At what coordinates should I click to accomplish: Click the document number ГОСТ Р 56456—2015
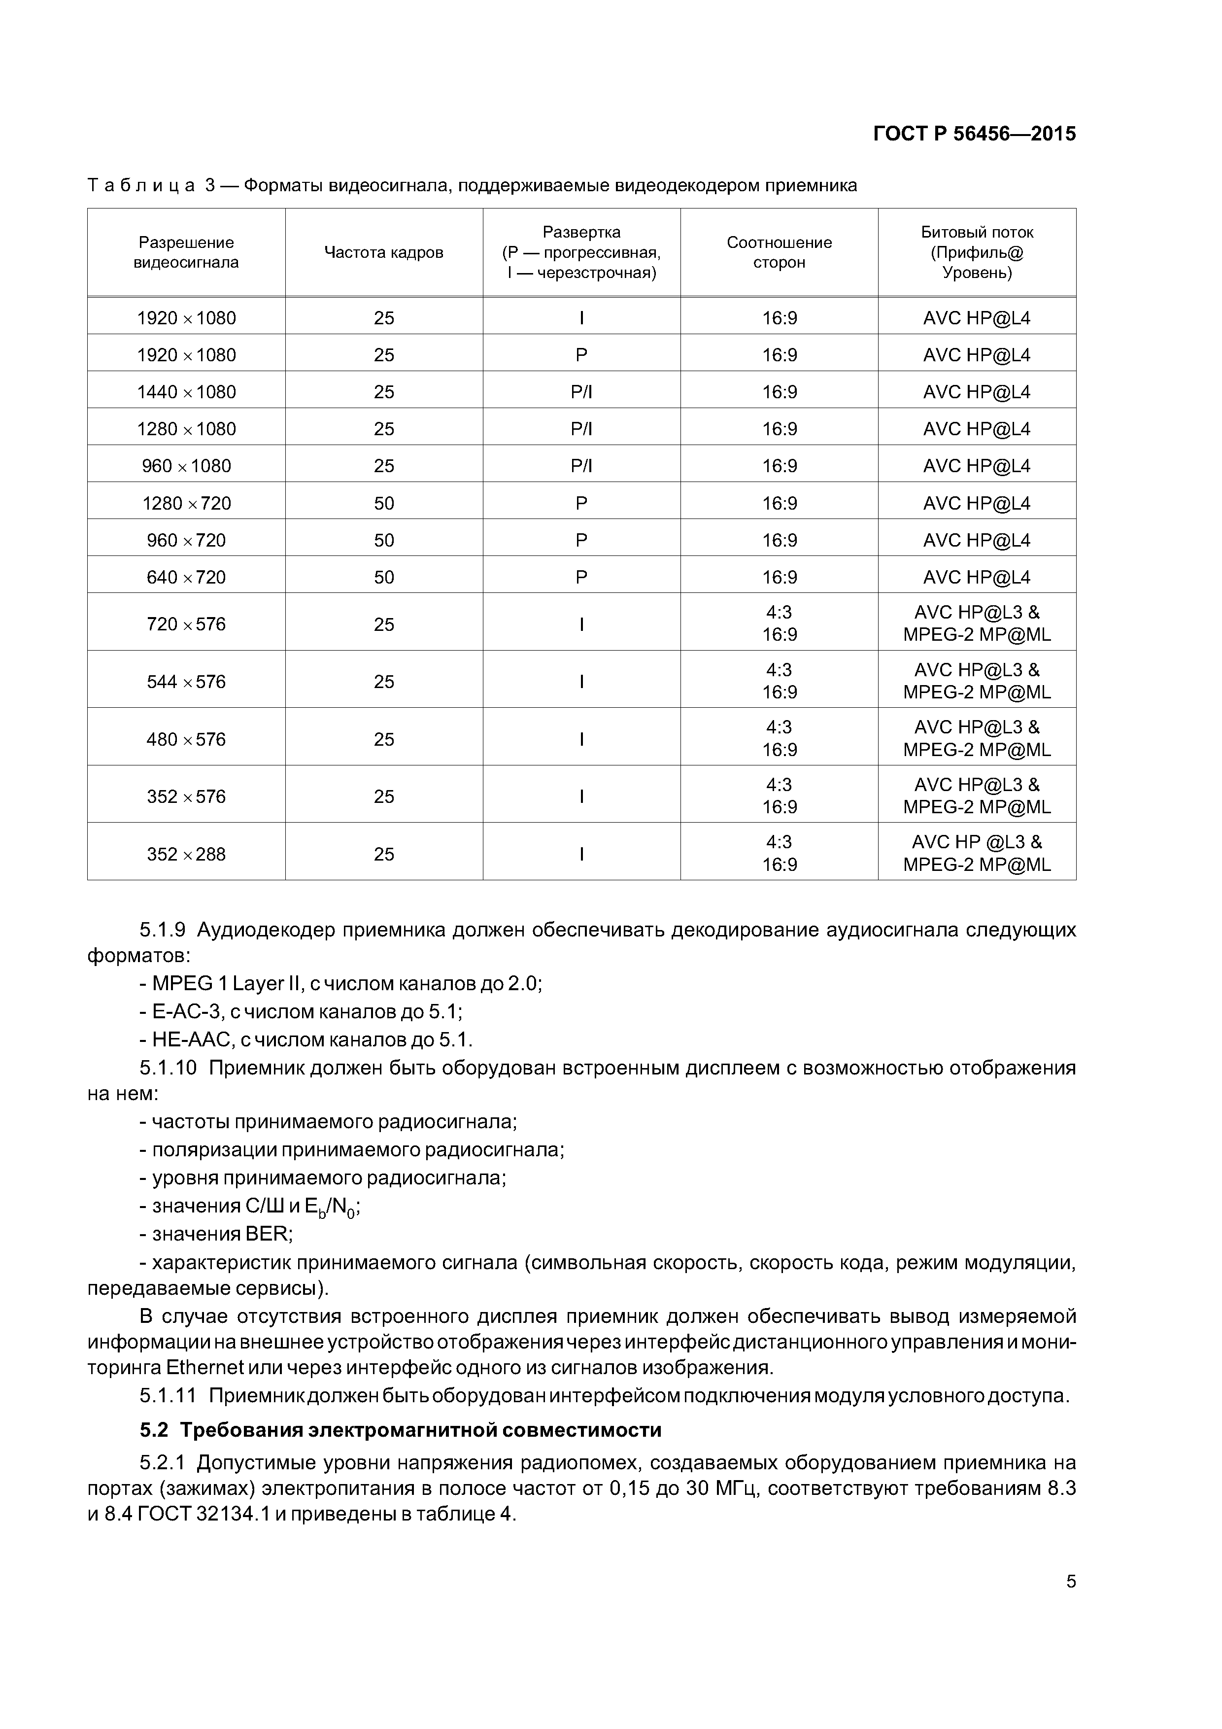(974, 134)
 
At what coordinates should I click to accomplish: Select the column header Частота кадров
(383, 253)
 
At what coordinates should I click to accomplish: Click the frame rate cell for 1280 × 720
(383, 504)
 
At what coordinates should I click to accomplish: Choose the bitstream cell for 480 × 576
(977, 739)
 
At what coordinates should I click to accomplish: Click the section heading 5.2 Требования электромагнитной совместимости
(401, 1429)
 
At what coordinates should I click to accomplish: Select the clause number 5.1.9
(162, 930)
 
